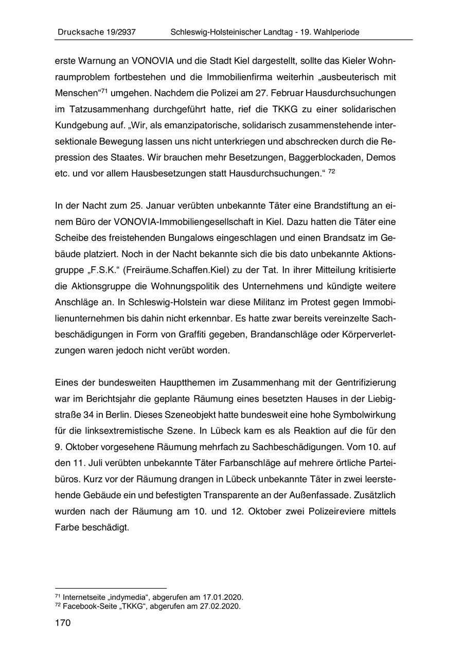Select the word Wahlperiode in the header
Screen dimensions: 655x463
336,32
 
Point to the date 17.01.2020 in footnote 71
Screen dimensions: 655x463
224,597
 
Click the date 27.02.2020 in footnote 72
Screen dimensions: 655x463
221,606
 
